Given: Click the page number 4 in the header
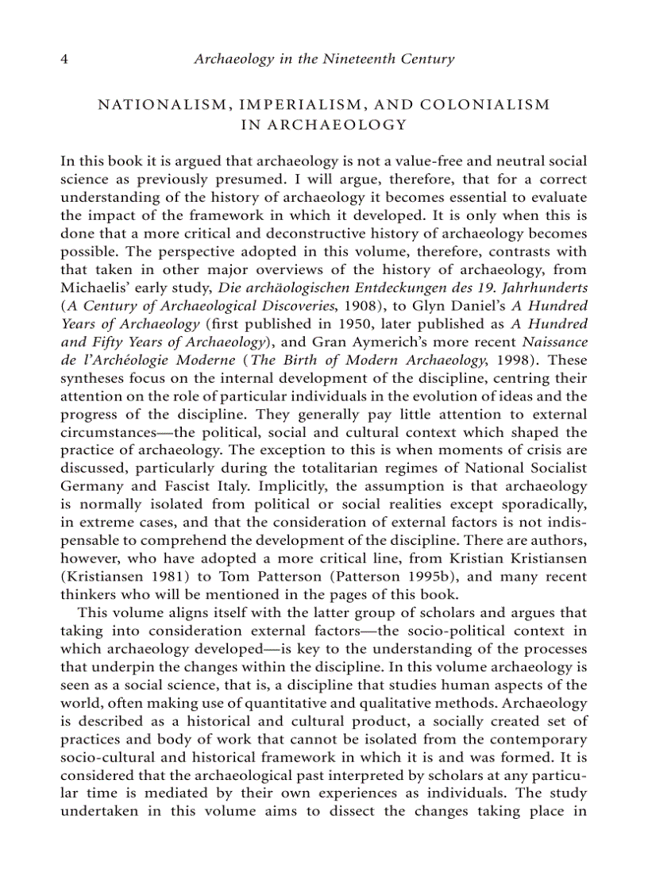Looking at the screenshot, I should pos(64,59).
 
